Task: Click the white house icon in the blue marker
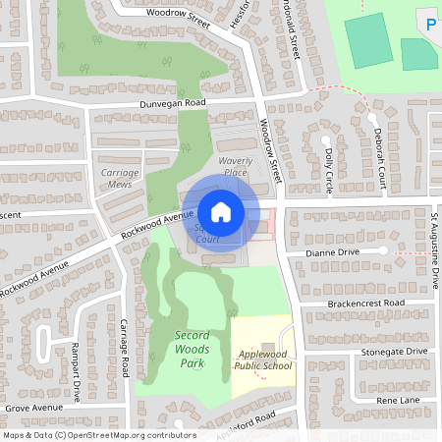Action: [221, 211]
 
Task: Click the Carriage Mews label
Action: [121, 178]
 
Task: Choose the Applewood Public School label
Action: [262, 359]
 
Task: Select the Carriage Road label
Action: [125, 348]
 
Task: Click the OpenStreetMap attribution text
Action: [98, 434]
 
